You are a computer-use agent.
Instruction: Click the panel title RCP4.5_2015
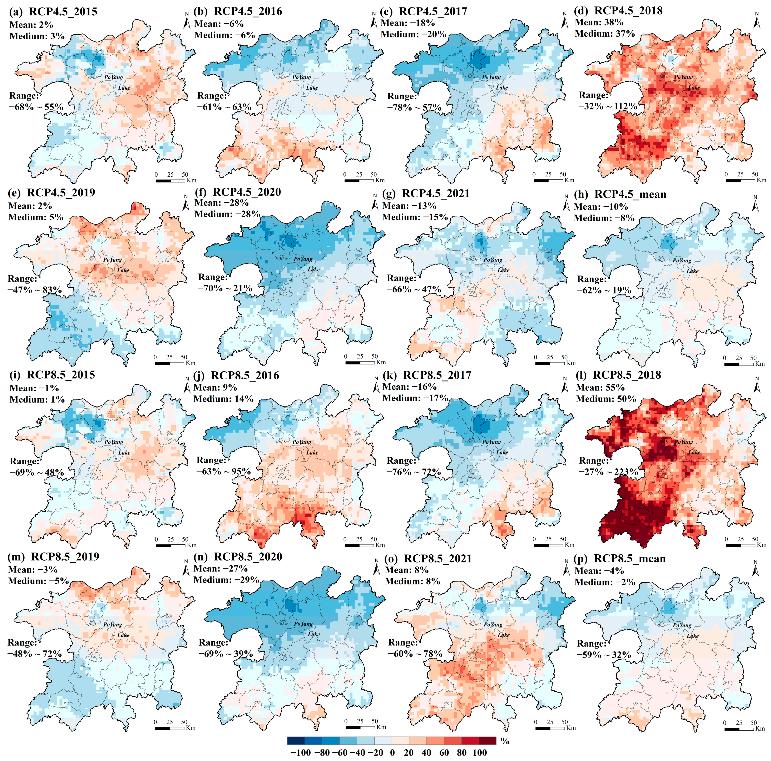(63, 12)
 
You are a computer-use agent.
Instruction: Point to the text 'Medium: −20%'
(414, 34)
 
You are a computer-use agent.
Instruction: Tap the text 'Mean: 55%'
(600, 387)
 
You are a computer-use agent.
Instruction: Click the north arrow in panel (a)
(187, 21)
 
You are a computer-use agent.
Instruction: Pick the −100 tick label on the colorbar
(301, 753)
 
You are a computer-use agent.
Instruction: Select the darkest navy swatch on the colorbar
(296, 741)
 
